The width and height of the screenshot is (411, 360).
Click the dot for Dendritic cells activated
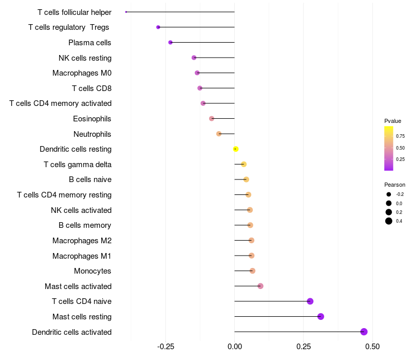point(364,332)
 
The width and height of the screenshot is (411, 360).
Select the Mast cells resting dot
point(321,316)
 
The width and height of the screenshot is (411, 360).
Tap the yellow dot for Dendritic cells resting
point(235,149)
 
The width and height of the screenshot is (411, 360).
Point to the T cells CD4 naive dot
point(310,301)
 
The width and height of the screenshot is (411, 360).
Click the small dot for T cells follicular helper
point(126,12)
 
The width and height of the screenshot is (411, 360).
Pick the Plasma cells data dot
point(170,42)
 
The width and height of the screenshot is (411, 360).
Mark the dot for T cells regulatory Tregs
point(158,27)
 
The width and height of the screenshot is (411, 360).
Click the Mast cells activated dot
point(260,286)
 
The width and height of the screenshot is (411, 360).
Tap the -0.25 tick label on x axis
point(165,347)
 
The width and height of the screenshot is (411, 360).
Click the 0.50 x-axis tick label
point(372,347)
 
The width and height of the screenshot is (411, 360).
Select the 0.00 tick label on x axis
point(234,347)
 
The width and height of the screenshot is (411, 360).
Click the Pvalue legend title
point(393,121)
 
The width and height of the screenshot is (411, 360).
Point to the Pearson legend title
point(395,185)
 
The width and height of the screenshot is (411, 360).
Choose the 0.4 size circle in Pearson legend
point(388,221)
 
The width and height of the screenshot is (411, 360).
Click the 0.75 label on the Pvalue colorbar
point(400,136)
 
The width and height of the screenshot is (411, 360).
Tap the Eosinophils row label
point(92,119)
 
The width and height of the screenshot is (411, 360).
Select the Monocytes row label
point(92,271)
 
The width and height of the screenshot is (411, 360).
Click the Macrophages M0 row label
point(82,73)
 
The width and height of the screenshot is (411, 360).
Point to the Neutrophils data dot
point(219,134)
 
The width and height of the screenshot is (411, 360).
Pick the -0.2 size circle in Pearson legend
point(388,194)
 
